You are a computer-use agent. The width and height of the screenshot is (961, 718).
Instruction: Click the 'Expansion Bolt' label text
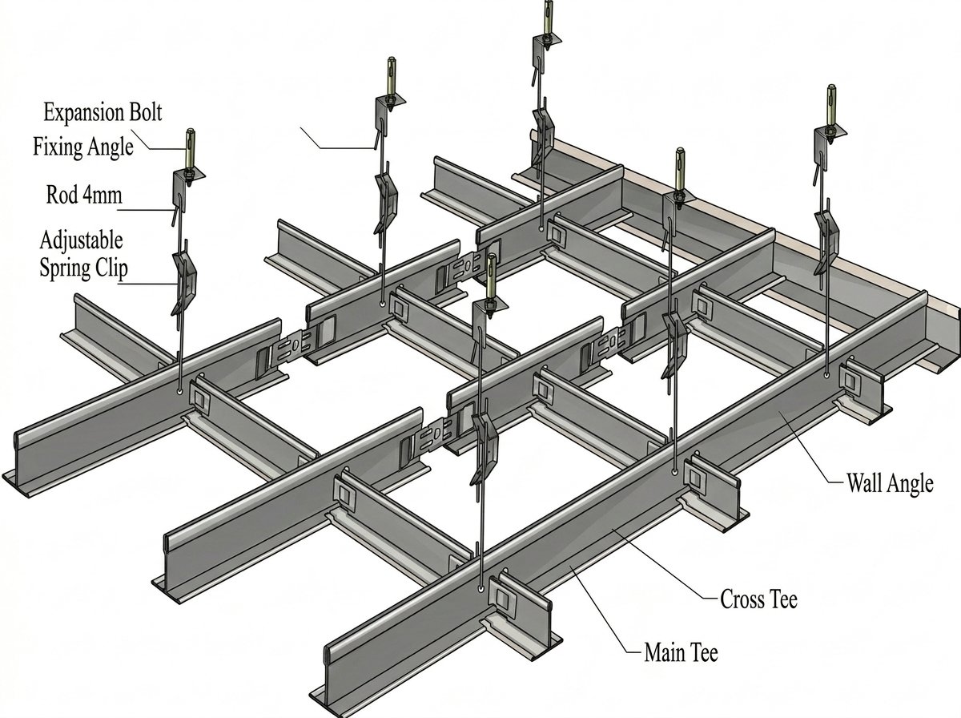coord(103,112)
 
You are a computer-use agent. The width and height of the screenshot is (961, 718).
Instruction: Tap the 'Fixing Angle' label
coord(83,147)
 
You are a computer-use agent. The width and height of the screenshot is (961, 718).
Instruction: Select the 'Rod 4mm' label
coord(84,195)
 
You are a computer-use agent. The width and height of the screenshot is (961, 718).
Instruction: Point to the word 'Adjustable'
coord(82,240)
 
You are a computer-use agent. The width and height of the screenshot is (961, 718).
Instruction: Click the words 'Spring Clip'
coord(83,268)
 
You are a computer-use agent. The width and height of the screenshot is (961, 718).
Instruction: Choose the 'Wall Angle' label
coord(890,484)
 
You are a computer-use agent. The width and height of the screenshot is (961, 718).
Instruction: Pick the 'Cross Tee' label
coord(758,599)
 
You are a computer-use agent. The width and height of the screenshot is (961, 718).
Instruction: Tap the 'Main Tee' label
coord(682,652)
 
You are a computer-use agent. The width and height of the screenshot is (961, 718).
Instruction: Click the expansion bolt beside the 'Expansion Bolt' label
coord(191,149)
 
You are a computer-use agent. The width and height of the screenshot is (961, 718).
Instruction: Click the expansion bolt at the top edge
coord(549,18)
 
